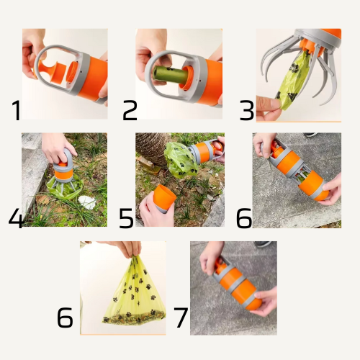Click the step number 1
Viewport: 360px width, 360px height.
(17, 110)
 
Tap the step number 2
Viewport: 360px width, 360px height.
(130, 110)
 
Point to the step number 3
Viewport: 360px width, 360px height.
(247, 110)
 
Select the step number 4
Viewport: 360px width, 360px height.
(16, 217)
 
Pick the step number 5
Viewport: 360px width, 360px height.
(126, 218)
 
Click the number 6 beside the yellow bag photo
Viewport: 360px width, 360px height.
(65, 318)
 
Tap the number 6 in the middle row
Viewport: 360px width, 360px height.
(244, 218)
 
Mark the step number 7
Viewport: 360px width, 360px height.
(181, 318)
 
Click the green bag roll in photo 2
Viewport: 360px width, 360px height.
(170, 74)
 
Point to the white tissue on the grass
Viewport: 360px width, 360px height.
(87, 202)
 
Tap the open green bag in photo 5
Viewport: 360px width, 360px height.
(181, 159)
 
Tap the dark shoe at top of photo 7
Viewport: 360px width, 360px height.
(264, 244)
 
